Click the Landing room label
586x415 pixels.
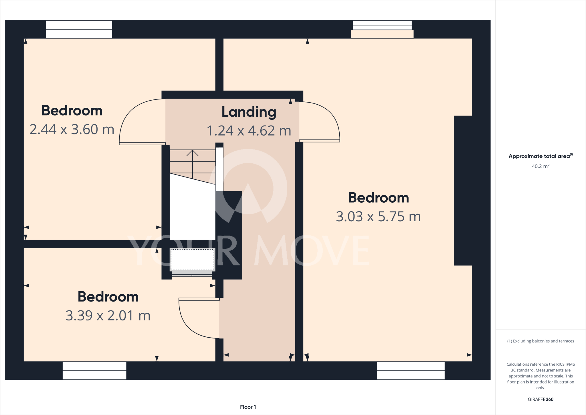click(x=249, y=112)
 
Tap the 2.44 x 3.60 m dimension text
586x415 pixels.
click(x=72, y=130)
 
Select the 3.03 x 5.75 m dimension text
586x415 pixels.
click(x=378, y=217)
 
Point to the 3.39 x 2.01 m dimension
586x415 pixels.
click(x=108, y=316)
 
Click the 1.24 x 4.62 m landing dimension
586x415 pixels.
click(x=249, y=131)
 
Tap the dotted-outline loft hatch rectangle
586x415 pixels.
click(x=192, y=260)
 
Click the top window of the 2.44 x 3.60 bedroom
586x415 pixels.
click(x=79, y=29)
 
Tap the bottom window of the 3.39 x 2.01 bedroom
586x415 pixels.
click(x=94, y=371)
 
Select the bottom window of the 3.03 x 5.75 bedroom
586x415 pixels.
click(x=411, y=371)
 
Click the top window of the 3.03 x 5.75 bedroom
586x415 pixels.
click(x=382, y=27)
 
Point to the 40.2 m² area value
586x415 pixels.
click(x=541, y=166)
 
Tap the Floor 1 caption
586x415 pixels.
click(x=248, y=407)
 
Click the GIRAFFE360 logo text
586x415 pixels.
click(x=541, y=399)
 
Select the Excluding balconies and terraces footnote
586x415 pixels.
click(x=541, y=341)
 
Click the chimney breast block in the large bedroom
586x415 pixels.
click(x=463, y=191)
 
